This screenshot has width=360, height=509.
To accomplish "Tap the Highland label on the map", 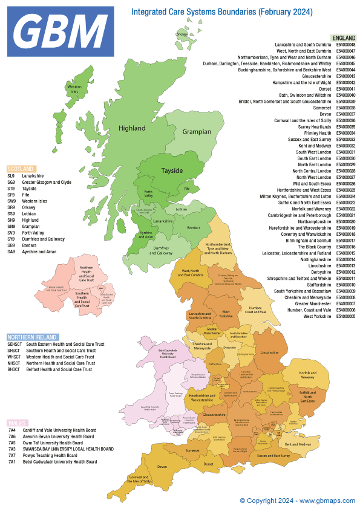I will click(132, 128).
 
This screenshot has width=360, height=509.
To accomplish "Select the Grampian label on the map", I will click(197, 132).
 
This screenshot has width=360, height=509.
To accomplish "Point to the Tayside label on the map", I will click(172, 170).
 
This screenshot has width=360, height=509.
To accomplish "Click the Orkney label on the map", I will click(182, 34).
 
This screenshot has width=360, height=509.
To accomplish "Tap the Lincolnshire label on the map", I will click(269, 352).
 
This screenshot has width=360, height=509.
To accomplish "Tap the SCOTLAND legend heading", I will click(21, 169).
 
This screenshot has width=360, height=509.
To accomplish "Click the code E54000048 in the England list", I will click(345, 45).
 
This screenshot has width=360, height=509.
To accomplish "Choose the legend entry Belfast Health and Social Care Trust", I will click(59, 369).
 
